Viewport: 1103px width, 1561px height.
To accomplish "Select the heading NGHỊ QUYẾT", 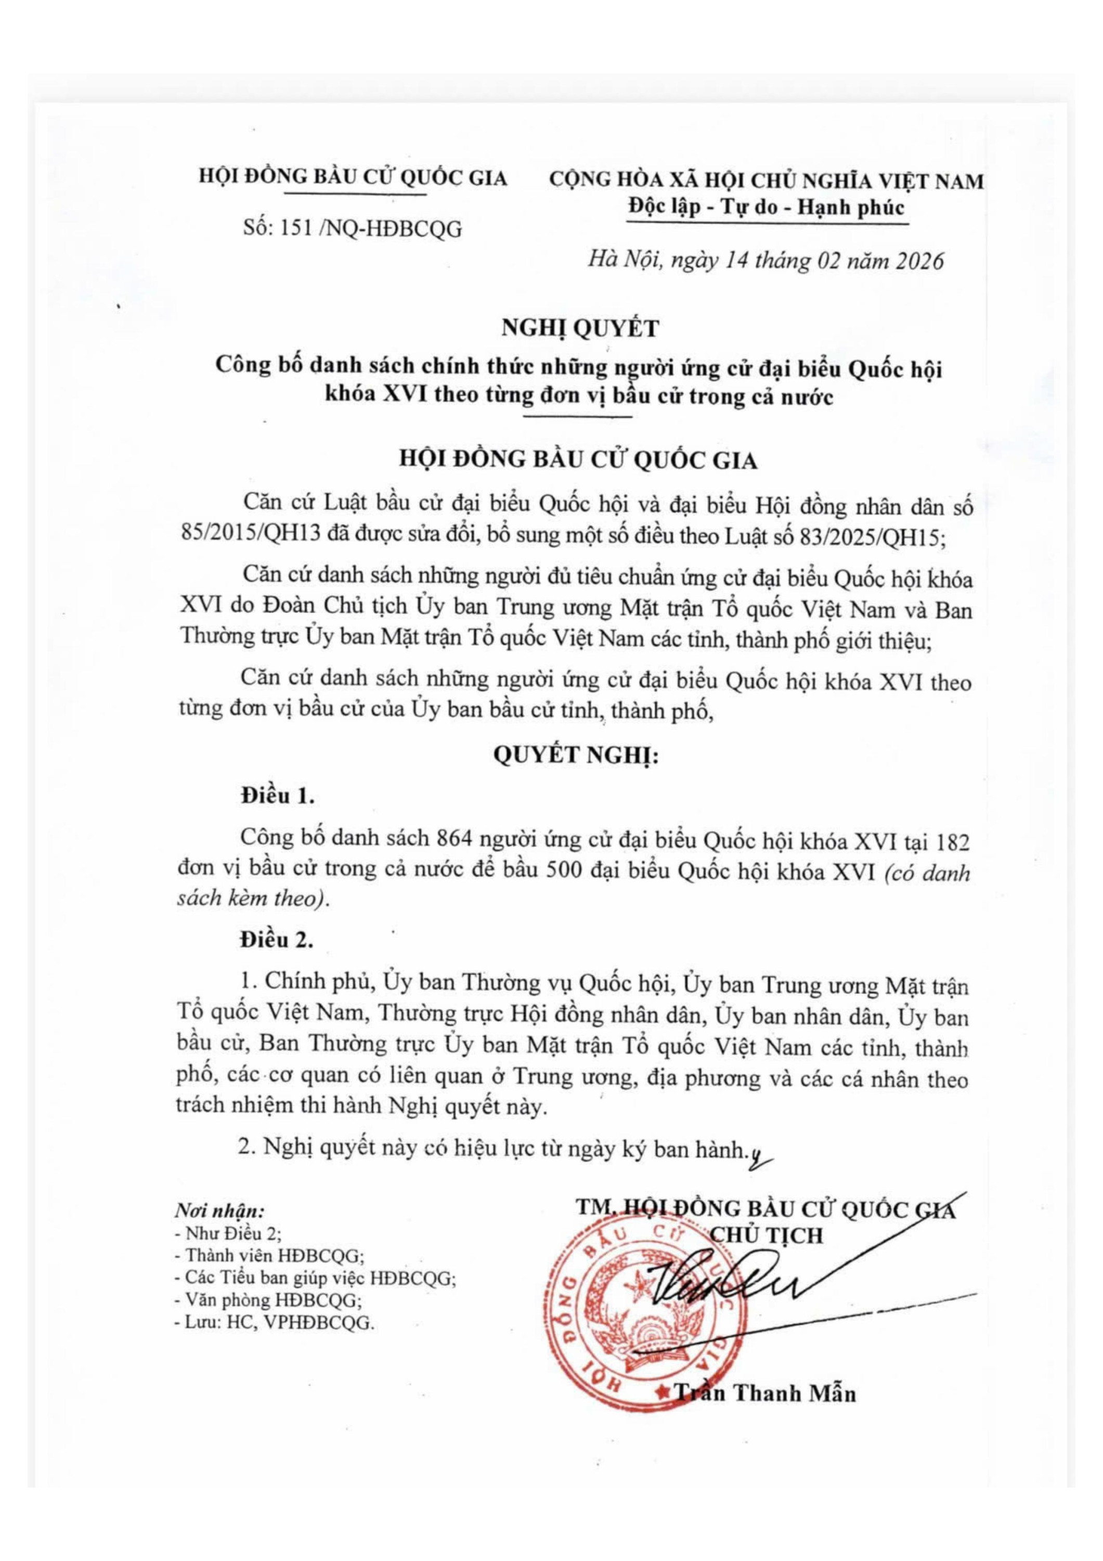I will point(580,329).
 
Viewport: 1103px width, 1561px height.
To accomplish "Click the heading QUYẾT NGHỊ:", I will point(576,756).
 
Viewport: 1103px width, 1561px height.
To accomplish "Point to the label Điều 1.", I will point(277,796).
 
